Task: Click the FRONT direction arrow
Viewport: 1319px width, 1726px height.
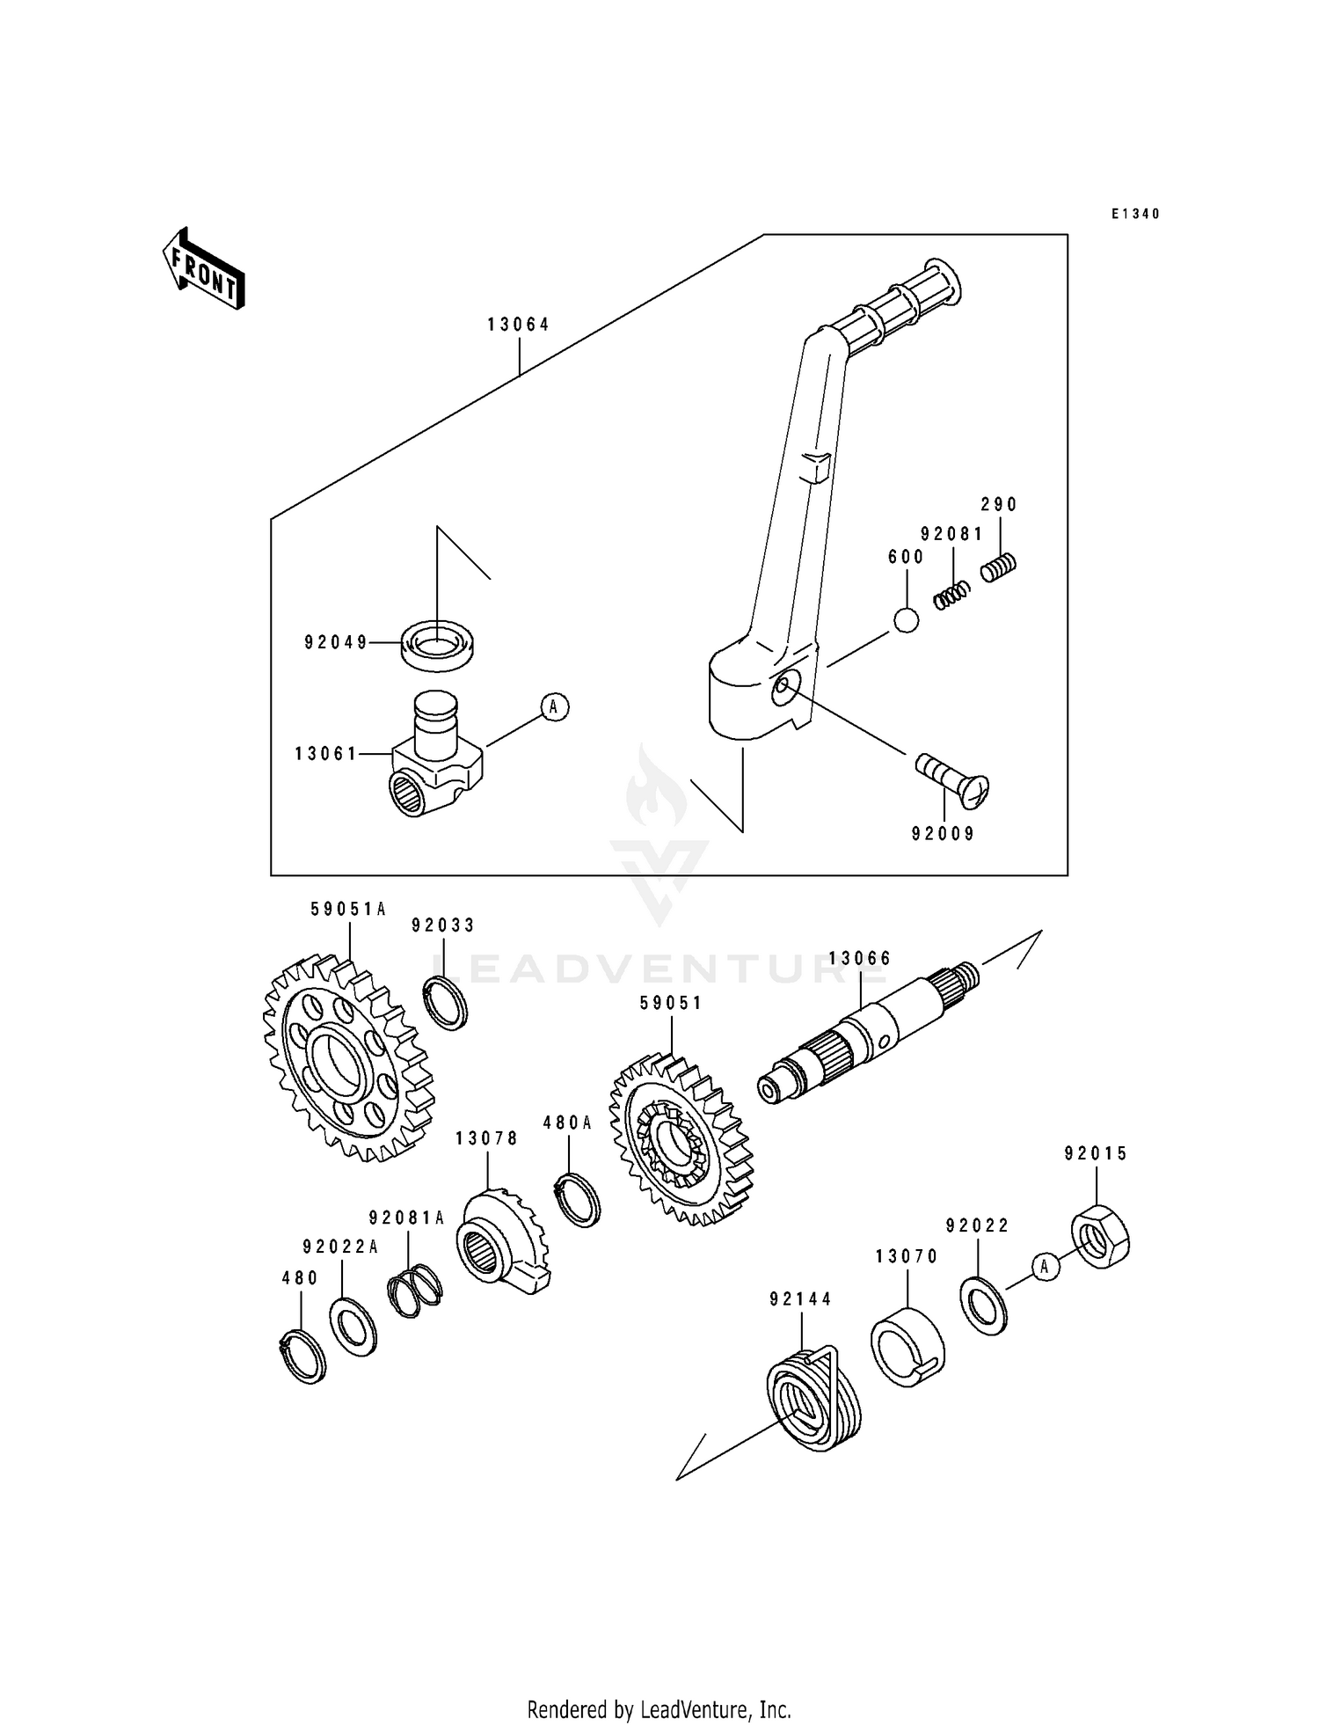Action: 203,269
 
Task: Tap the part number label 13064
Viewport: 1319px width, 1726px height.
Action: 519,325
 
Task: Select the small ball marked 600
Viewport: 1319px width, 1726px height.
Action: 906,620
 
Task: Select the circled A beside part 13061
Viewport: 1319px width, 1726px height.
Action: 554,706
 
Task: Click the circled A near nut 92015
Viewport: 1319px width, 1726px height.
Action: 1045,1267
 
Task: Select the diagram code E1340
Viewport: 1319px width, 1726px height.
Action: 1135,214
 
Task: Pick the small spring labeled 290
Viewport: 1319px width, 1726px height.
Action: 998,567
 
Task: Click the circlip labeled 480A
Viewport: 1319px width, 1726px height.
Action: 578,1198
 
